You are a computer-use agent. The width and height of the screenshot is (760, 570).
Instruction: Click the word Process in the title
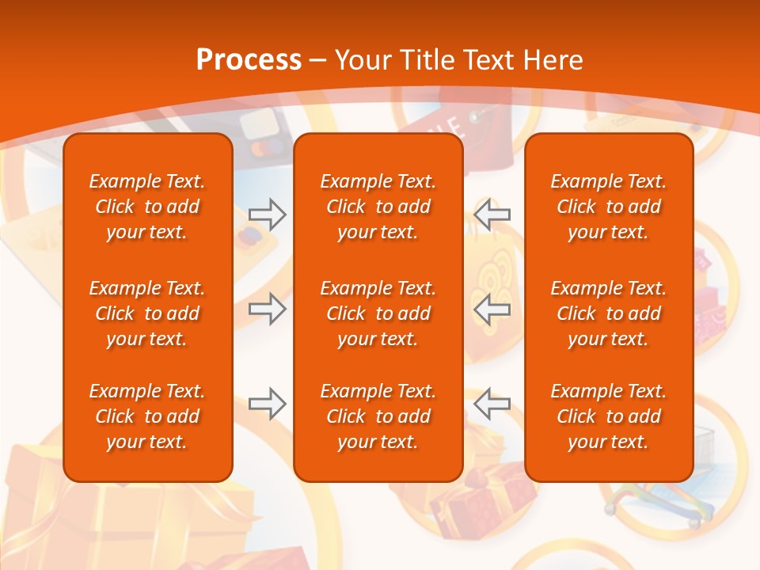pyautogui.click(x=249, y=60)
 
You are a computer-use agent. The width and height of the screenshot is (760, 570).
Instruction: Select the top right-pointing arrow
pyautogui.click(x=267, y=214)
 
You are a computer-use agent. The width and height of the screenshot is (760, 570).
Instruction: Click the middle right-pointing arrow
pyautogui.click(x=267, y=309)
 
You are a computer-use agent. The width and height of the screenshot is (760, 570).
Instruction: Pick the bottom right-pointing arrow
pyautogui.click(x=267, y=404)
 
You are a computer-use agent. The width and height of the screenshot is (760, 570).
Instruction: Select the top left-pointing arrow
pyautogui.click(x=492, y=214)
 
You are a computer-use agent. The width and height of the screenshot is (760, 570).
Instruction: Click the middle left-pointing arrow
pyautogui.click(x=492, y=309)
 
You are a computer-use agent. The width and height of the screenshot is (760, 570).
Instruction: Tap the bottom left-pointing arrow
pyautogui.click(x=492, y=404)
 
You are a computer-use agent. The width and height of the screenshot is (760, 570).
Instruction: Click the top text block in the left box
pyautogui.click(x=147, y=207)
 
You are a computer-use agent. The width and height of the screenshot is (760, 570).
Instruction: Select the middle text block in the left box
pyautogui.click(x=147, y=313)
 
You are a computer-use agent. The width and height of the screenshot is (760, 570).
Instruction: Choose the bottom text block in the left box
pyautogui.click(x=147, y=416)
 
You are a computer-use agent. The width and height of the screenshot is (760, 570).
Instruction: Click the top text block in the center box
pyautogui.click(x=378, y=207)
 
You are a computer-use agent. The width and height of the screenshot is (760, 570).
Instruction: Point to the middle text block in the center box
pyautogui.click(x=378, y=313)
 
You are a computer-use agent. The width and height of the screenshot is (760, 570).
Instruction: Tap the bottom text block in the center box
pyautogui.click(x=378, y=416)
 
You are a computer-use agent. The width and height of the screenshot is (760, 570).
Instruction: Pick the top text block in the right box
pyautogui.click(x=608, y=207)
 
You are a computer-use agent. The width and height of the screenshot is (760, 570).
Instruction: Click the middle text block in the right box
pyautogui.click(x=608, y=313)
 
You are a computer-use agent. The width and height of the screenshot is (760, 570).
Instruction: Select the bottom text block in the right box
pyautogui.click(x=608, y=416)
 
